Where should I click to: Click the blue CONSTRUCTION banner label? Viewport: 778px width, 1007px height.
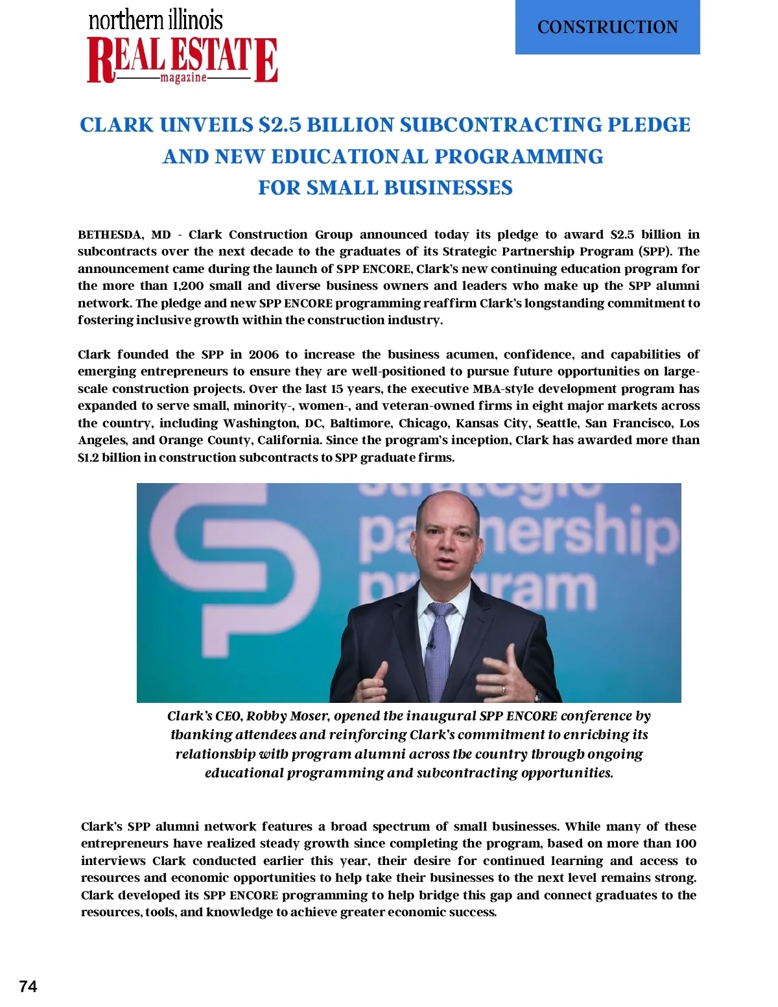607,27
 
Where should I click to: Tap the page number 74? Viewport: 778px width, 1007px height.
28,986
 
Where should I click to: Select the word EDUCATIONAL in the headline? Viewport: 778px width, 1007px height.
350,156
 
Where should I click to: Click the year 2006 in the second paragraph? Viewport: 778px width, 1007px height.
263,355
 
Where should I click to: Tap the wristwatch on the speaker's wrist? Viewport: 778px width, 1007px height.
537,696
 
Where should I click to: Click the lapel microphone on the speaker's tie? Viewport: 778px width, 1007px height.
430,645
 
